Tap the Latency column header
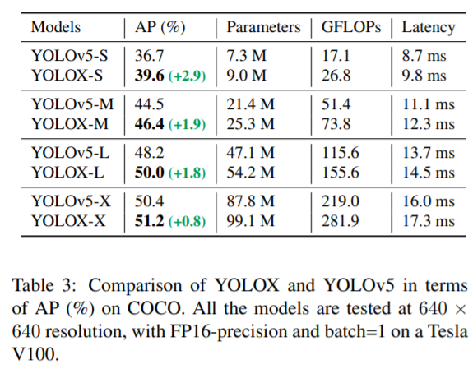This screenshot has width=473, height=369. (x=428, y=26)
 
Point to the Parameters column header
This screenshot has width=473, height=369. (x=263, y=26)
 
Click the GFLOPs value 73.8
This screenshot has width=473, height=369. (x=335, y=124)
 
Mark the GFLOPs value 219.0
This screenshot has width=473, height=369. (x=338, y=202)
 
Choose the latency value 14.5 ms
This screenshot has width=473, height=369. (x=428, y=173)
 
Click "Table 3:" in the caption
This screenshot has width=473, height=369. (x=45, y=285)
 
